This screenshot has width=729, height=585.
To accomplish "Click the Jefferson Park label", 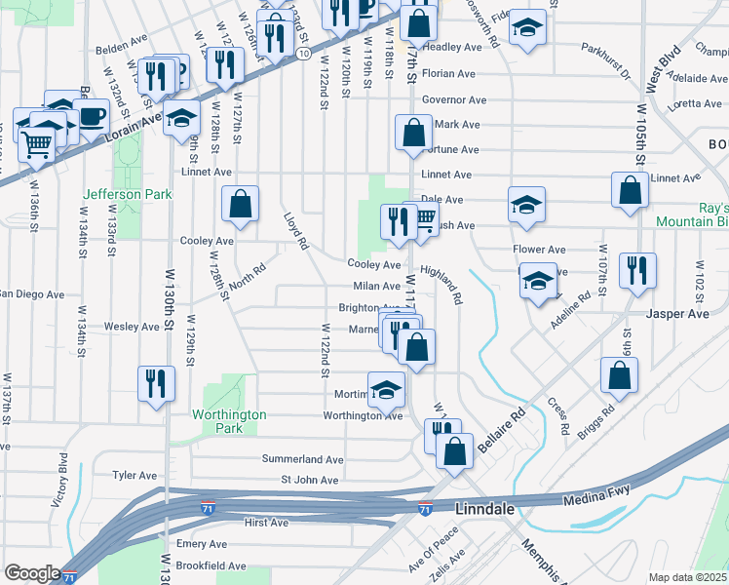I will tap(128, 194).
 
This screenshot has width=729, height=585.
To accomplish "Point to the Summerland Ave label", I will tap(302, 458).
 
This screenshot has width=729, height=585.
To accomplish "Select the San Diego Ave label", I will tap(31, 293).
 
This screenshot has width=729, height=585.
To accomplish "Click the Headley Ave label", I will tap(452, 47).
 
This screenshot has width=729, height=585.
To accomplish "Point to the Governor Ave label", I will tap(453, 99).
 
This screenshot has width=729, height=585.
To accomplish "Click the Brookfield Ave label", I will tap(211, 565).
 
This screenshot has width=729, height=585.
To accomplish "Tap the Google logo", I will tap(32, 573).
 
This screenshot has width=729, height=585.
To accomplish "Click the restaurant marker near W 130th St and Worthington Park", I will tap(156, 383).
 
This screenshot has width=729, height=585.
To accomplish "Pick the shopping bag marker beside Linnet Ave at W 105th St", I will tap(630, 192).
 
